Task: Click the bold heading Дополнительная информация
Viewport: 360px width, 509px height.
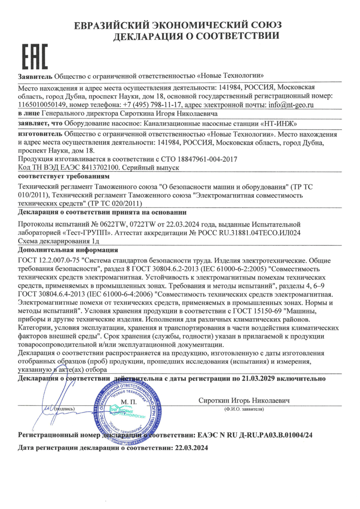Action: click(67, 250)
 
